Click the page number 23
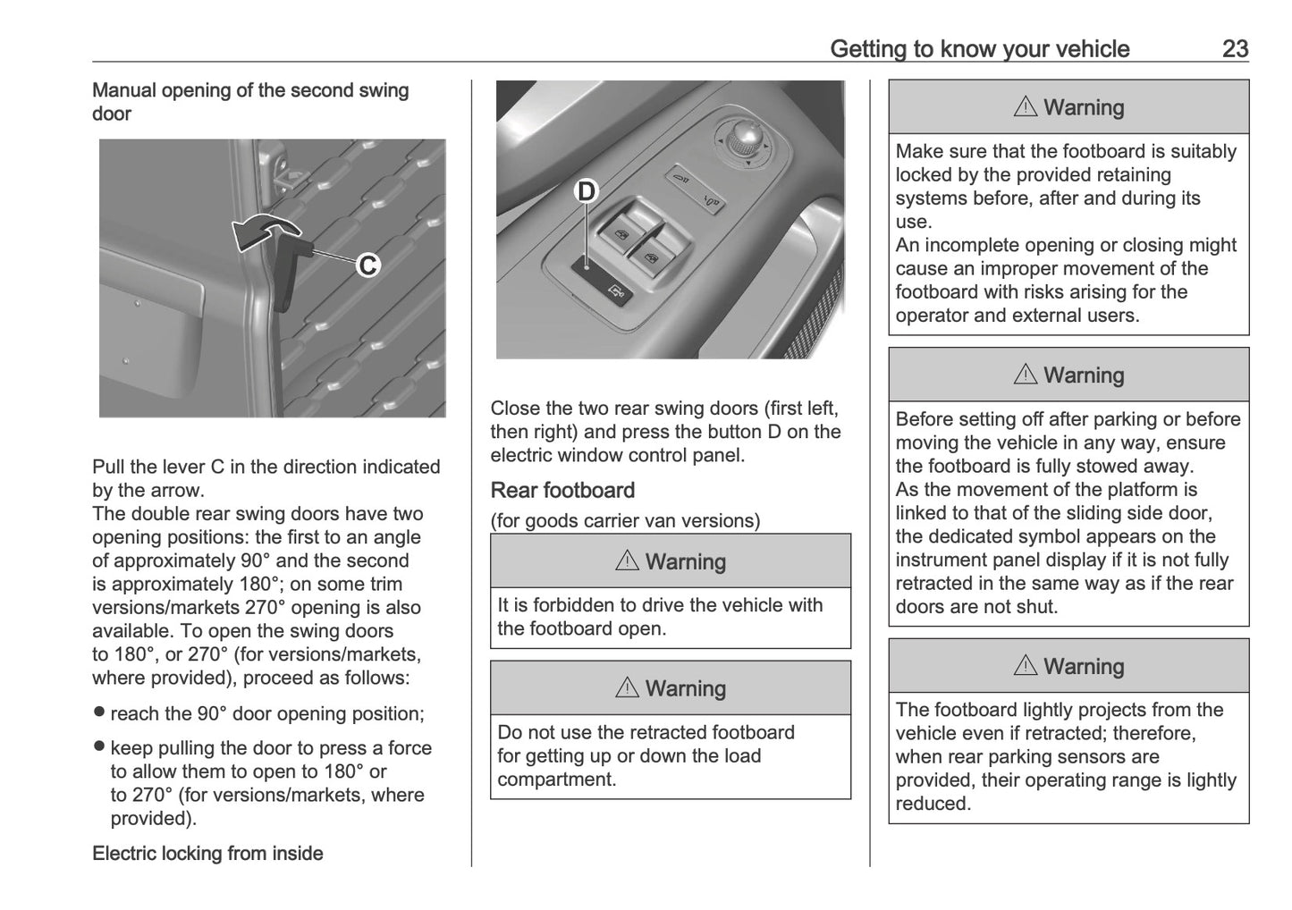click(x=1235, y=48)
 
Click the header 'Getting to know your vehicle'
click(x=979, y=48)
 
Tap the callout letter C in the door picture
click(x=367, y=265)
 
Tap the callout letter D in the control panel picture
click(x=586, y=191)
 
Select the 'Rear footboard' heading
click(x=562, y=490)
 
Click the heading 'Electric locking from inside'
click(x=207, y=853)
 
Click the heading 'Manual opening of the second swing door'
click(x=250, y=102)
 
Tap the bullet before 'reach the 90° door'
click(x=99, y=713)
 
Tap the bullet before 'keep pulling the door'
click(x=99, y=747)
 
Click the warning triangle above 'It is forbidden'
click(x=627, y=561)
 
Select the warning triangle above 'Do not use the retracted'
click(x=627, y=688)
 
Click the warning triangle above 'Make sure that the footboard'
click(x=1025, y=107)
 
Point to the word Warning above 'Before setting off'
click(x=1084, y=375)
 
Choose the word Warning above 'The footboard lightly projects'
click(x=1084, y=667)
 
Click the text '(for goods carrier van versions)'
click(x=625, y=520)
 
